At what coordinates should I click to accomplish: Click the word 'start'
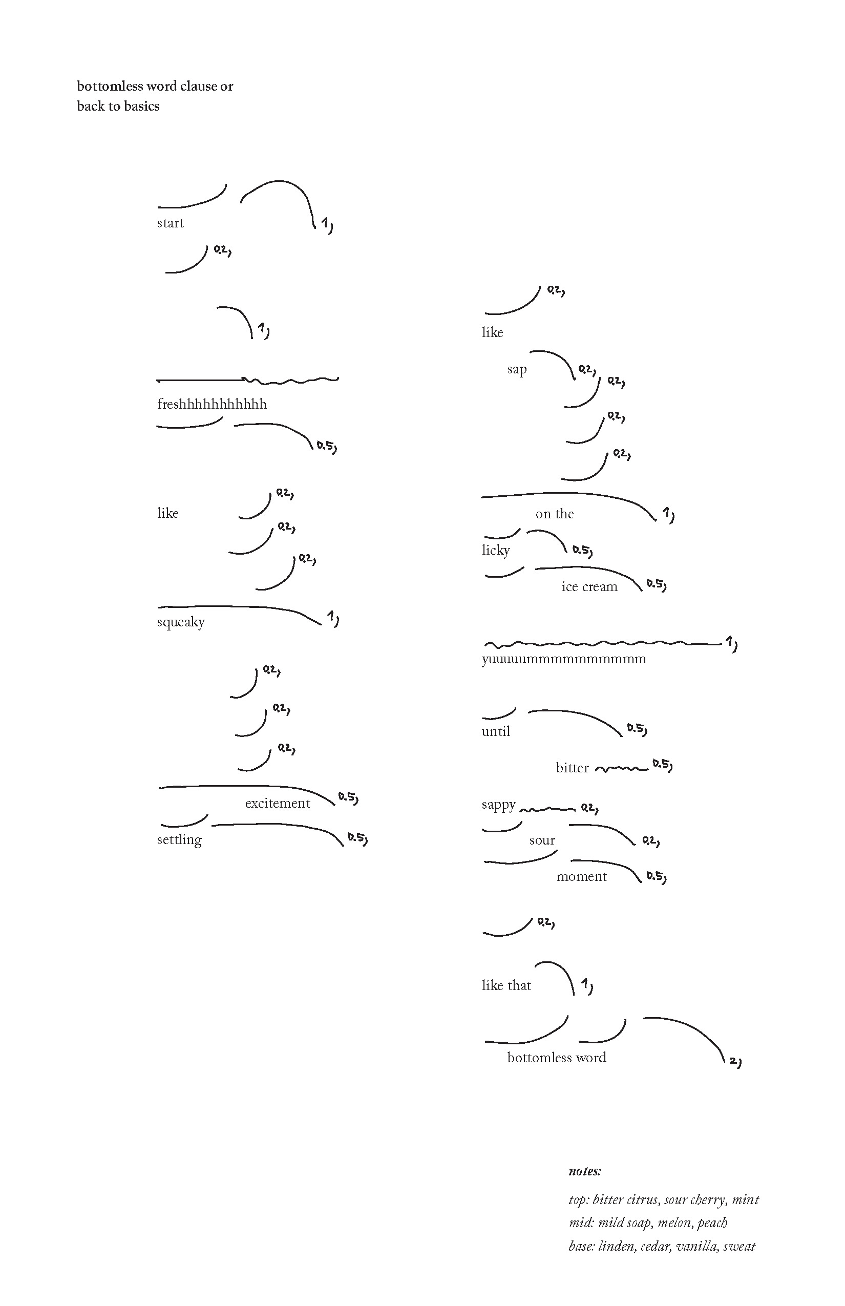coord(170,223)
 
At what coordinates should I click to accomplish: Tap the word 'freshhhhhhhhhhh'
coord(212,405)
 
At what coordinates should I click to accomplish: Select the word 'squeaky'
coord(180,622)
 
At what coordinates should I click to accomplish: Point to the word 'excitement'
coord(278,804)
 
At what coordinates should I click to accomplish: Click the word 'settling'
coord(179,840)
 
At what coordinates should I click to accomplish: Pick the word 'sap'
coord(517,370)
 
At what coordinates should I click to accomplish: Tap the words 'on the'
coord(554,514)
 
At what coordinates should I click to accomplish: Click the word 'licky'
coord(496,551)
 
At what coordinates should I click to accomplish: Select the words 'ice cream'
coord(589,587)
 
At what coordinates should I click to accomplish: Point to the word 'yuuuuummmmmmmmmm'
coord(564,659)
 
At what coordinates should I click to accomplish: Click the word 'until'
coord(496,731)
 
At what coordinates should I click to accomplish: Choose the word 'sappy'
coord(499,805)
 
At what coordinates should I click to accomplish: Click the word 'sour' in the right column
coord(542,840)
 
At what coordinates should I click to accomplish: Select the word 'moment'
coord(582,877)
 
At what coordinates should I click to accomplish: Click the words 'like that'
coord(506,985)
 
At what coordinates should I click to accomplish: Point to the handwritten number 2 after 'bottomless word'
coord(733,1062)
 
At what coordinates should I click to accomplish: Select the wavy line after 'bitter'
coord(621,769)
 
